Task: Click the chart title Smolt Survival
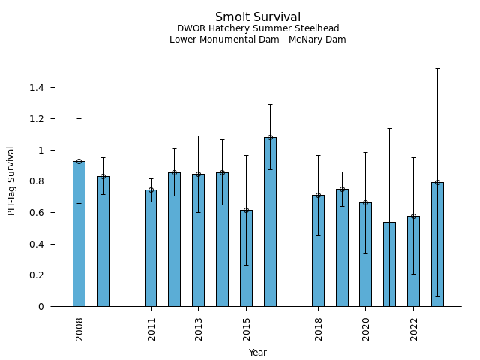[258, 17]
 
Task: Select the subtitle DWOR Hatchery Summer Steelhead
[258, 29]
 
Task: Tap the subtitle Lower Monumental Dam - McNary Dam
[258, 40]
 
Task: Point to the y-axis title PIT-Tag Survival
[11, 181]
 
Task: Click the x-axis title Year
[258, 352]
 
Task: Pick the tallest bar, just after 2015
[270, 222]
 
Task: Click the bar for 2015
[246, 258]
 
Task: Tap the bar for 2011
[151, 248]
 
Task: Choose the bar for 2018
[318, 250]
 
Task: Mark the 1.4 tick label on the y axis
[36, 88]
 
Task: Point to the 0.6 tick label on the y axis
[36, 213]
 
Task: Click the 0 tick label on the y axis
[41, 307]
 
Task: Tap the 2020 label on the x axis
[366, 328]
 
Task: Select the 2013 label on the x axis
[199, 328]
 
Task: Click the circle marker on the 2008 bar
[79, 161]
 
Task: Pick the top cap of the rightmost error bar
[437, 68]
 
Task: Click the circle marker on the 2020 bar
[365, 202]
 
